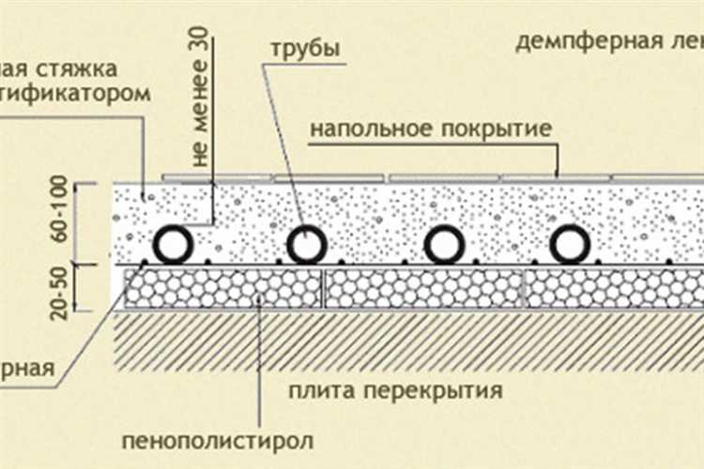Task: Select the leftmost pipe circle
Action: (174, 246)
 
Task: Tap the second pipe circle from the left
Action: (307, 246)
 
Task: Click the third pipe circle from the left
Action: (444, 246)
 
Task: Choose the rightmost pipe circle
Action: (570, 246)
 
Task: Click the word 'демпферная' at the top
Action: (573, 42)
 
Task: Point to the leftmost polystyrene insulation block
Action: (222, 290)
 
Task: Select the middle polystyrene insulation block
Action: (422, 290)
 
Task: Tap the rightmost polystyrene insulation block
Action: (614, 290)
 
